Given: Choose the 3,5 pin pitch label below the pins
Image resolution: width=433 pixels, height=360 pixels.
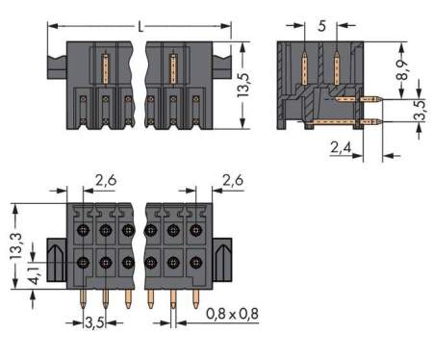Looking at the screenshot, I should click(x=94, y=321).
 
